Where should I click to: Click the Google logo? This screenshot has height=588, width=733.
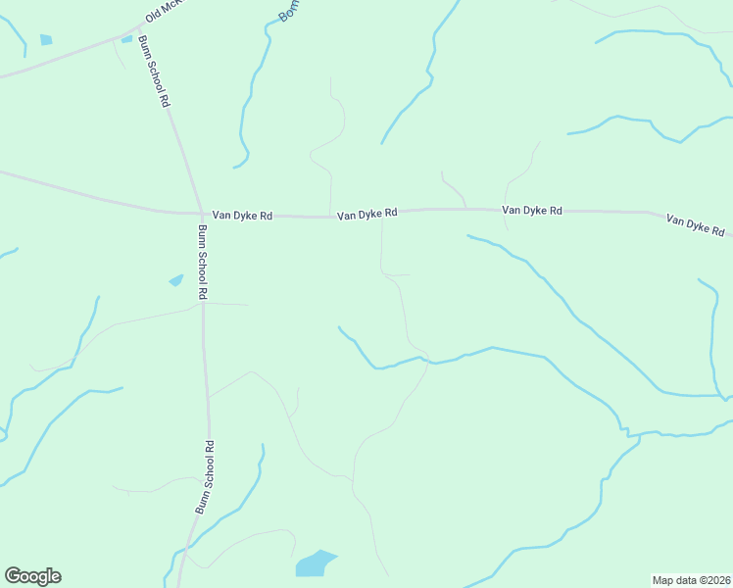(32, 576)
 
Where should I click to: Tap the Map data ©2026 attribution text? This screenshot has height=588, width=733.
(691, 579)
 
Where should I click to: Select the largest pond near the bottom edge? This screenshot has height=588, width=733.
(314, 563)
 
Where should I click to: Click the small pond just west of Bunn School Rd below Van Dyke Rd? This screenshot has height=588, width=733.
(175, 280)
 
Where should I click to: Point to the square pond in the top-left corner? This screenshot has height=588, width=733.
(46, 40)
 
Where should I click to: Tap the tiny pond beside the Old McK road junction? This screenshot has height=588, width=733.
(126, 39)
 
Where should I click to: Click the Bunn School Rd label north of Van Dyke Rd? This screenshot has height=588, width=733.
(155, 71)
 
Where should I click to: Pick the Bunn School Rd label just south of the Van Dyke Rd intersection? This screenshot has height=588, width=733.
(203, 262)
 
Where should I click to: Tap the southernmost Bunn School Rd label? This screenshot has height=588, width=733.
(204, 477)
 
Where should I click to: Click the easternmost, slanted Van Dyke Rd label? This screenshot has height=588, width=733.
(695, 224)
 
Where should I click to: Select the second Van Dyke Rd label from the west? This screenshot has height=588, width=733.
(366, 213)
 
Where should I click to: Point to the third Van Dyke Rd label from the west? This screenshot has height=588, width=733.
(531, 210)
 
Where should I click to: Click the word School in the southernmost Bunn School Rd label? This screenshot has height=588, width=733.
(204, 476)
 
